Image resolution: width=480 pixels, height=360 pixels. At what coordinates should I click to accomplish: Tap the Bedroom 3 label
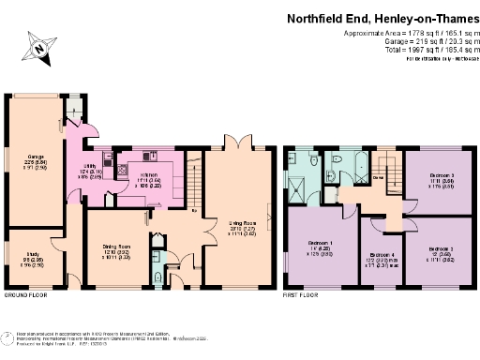pos(442,179)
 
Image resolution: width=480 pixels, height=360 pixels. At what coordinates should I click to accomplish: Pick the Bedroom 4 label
pos(382,255)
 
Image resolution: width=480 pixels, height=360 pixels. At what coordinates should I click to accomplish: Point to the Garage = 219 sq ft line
pos(419,42)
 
